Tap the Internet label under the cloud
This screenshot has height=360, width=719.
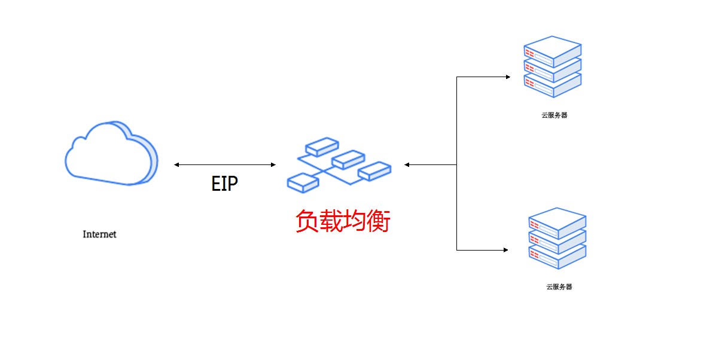click(x=99, y=234)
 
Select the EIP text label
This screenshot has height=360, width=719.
click(x=224, y=184)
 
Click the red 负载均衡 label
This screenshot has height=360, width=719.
click(x=343, y=221)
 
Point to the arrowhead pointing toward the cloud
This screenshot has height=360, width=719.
click(x=176, y=164)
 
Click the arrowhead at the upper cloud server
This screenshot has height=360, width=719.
click(x=507, y=77)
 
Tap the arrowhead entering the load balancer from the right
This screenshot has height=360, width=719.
click(x=407, y=164)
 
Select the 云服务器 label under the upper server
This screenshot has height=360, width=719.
click(x=554, y=115)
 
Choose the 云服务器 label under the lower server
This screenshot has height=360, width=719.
click(x=559, y=287)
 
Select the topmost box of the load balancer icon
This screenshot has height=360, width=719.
click(x=321, y=147)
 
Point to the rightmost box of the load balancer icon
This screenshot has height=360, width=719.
click(x=374, y=170)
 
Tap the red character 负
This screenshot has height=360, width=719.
click(x=307, y=221)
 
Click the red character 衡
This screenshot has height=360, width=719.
click(x=379, y=221)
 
